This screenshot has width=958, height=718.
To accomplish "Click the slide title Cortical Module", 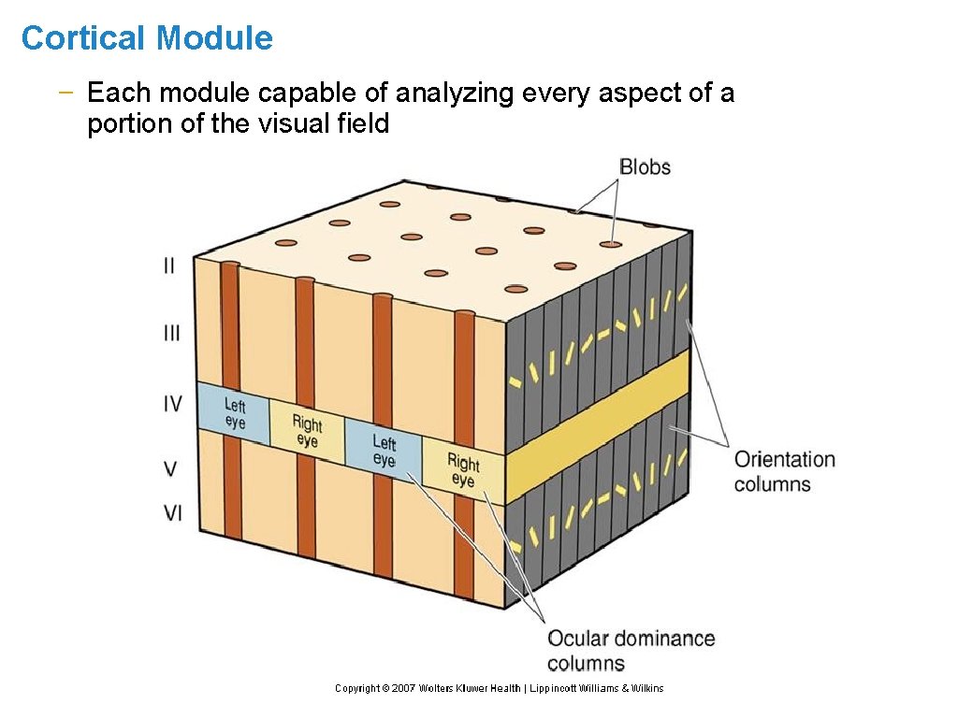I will pyautogui.click(x=147, y=38).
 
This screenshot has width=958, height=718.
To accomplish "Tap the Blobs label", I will pyautogui.click(x=645, y=167).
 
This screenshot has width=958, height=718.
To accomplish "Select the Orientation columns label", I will pyautogui.click(x=784, y=471).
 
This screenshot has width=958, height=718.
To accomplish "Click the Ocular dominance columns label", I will pyautogui.click(x=631, y=651).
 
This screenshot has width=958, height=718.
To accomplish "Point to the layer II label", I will pyautogui.click(x=168, y=266).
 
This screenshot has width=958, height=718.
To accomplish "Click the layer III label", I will pyautogui.click(x=171, y=333).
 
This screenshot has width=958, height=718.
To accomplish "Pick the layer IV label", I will pyautogui.click(x=172, y=405).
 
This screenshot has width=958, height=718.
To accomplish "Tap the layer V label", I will pyautogui.click(x=171, y=468).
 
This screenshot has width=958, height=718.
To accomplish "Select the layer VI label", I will pyautogui.click(x=172, y=513).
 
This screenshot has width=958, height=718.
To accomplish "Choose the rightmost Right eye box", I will pyautogui.click(x=463, y=470).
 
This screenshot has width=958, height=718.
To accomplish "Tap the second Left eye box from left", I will pyautogui.click(x=384, y=450).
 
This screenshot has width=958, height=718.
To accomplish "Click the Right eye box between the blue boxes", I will pyautogui.click(x=307, y=431).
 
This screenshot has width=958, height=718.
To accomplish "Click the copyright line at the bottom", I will pyautogui.click(x=499, y=688).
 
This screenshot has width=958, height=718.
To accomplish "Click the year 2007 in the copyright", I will pyautogui.click(x=403, y=688).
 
